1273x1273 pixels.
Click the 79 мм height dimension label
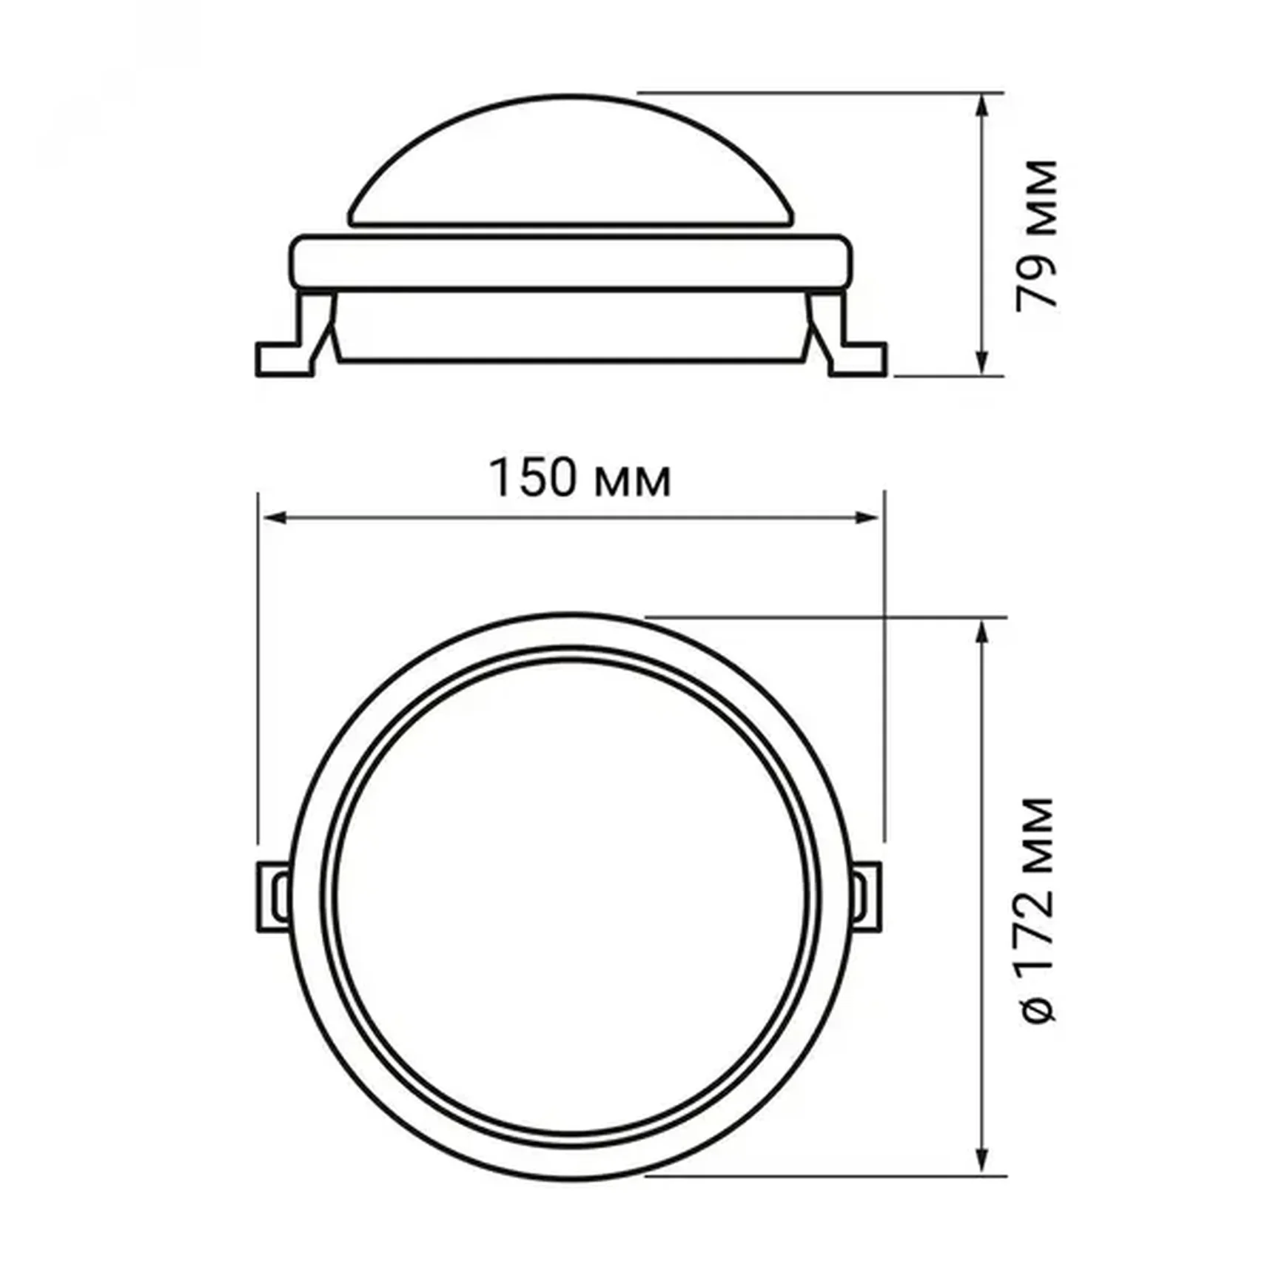point(1035,235)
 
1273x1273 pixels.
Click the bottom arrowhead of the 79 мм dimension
point(982,364)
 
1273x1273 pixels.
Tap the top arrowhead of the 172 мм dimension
point(982,631)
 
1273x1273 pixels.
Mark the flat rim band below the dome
point(570,261)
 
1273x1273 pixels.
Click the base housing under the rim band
point(570,326)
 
